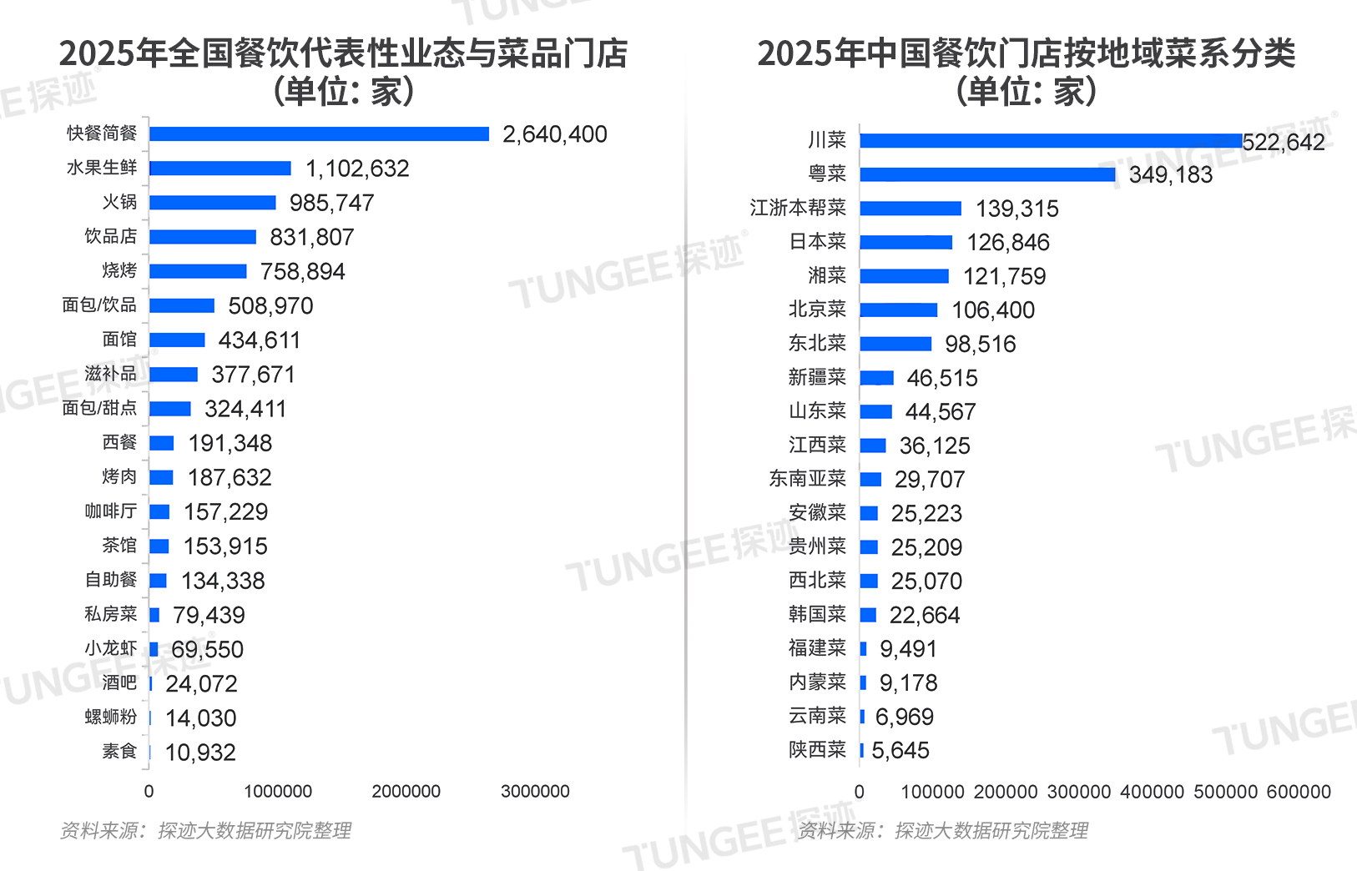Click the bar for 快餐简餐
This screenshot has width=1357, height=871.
(x=319, y=134)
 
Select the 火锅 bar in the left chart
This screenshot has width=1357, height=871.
(x=212, y=203)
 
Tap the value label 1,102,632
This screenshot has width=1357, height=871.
(x=357, y=169)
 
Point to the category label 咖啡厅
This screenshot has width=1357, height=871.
(x=110, y=511)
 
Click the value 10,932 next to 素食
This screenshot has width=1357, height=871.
(x=200, y=753)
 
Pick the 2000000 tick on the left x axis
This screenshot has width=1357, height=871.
(x=406, y=791)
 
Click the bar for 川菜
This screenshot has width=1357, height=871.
(x=1051, y=141)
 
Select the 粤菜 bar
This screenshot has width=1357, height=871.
(x=987, y=174)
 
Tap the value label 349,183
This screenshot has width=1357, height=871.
(x=1170, y=174)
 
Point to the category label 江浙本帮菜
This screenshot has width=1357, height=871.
(x=798, y=208)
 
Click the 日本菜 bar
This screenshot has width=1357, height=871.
(x=906, y=242)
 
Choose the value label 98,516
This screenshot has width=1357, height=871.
(x=980, y=344)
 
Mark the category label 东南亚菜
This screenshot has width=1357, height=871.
(x=807, y=479)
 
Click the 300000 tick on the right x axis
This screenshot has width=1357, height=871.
(x=1078, y=791)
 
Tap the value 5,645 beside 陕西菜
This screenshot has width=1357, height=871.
(x=900, y=751)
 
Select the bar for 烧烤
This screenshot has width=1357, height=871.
(x=198, y=271)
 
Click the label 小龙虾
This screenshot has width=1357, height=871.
(x=110, y=648)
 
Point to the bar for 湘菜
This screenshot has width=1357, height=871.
(x=904, y=276)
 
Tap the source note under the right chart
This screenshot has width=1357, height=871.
(x=942, y=831)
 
